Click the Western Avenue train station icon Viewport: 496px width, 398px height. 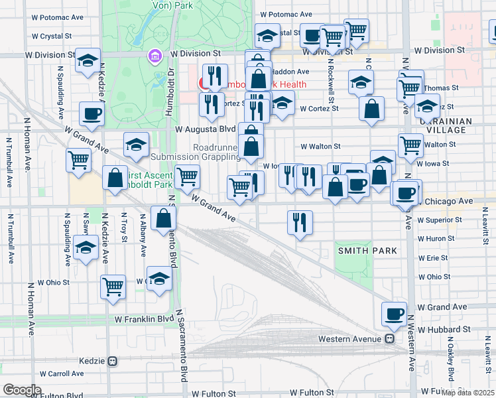click(x=391, y=339)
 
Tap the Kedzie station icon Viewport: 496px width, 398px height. click(x=113, y=362)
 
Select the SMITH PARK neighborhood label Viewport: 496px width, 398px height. click(x=367, y=251)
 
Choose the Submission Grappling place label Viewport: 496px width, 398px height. click(x=195, y=157)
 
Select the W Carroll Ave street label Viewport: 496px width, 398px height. click(x=57, y=374)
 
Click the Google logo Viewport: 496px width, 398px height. click(x=21, y=390)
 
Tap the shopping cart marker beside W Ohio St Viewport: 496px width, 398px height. click(x=113, y=287)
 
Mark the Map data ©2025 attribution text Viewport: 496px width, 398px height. click(x=467, y=393)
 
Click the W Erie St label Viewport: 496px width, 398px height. click(x=433, y=258)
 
